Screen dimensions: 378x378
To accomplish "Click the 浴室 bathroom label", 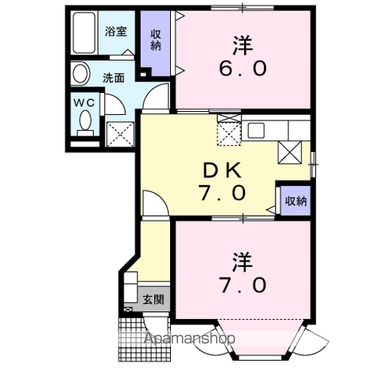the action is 116,31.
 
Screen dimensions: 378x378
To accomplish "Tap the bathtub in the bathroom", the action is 84,33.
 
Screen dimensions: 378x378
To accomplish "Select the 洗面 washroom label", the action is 113,78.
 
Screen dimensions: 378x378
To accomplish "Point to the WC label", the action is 83,103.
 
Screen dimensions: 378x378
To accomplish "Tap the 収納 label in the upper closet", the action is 156,40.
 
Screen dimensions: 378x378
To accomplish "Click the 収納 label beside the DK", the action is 296,201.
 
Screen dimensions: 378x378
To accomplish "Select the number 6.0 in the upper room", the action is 243,69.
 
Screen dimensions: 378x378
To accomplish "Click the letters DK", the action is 222,170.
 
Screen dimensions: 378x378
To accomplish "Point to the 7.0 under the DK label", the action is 222,193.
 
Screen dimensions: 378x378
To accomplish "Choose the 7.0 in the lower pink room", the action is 243,285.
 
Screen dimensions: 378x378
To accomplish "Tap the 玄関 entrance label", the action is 154,299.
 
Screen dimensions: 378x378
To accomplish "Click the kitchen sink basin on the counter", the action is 256,131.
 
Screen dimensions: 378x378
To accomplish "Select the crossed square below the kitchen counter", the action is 290,152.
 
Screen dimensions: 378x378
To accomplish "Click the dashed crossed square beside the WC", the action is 120,135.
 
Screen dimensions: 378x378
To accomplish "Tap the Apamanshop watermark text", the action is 190,339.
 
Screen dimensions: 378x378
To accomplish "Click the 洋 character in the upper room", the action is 243,46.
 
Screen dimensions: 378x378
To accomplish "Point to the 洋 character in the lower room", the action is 243,262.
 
